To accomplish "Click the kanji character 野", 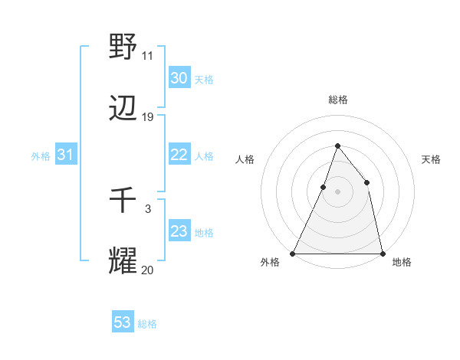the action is pos(123,46).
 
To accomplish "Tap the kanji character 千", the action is pos(123,201).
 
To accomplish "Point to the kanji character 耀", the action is pos(123,261).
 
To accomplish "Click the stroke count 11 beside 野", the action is pos(148,55).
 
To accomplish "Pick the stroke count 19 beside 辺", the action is pos(148,117).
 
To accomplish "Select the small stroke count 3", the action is pos(148,208).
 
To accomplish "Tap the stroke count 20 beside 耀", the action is pos(148,270).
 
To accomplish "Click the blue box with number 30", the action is pos(179,78).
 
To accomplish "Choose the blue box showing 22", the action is pos(179,155).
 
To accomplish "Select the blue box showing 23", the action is pos(179,231).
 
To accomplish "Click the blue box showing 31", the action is pos(65,155).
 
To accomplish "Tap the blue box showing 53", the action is pos(122,322).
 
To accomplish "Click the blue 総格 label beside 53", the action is pos(147,324).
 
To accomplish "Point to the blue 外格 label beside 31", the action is pos(41,156).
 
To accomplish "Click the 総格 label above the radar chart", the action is pos(337,100).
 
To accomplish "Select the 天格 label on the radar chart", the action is pos(431,159).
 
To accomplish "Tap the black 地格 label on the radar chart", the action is pos(402,262).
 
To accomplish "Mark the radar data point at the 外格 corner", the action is pos(293,253).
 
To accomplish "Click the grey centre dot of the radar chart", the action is pos(337,191).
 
